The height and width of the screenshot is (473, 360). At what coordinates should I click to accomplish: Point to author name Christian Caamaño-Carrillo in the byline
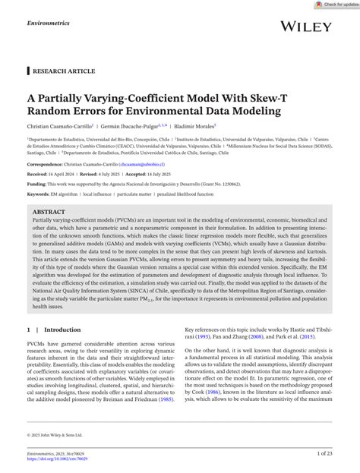(x=59, y=126)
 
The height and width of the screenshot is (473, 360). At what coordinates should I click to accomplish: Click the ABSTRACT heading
(x=49, y=212)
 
